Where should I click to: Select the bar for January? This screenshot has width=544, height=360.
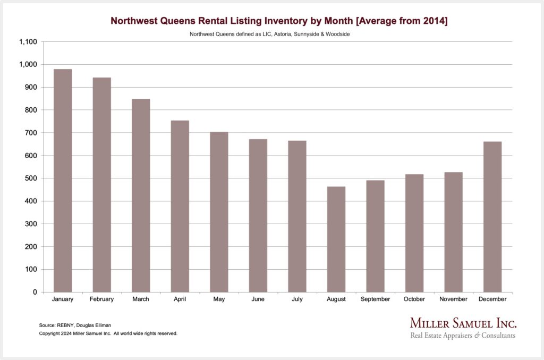(x=63, y=181)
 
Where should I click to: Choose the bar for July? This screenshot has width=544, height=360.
(x=297, y=216)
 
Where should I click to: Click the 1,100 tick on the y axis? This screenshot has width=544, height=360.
(x=27, y=42)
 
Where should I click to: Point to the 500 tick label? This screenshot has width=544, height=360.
(x=30, y=178)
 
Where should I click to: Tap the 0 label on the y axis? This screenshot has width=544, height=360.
(x=34, y=293)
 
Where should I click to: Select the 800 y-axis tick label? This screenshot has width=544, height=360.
(x=30, y=110)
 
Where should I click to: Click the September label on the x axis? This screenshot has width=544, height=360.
(x=375, y=299)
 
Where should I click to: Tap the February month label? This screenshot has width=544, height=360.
(x=101, y=299)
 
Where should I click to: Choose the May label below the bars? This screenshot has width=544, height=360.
(x=219, y=299)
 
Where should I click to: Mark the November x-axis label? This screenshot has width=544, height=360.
(x=453, y=299)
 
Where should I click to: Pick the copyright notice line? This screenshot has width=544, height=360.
(x=108, y=333)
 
